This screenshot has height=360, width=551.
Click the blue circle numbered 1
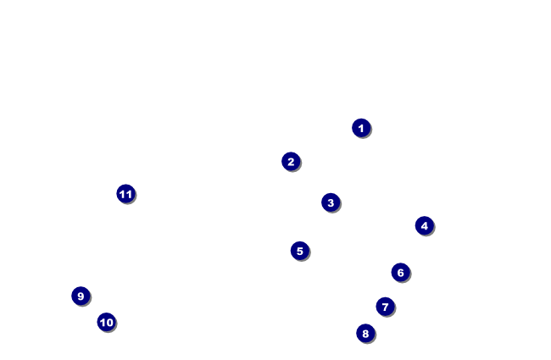click(x=361, y=128)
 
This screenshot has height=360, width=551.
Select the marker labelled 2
click(x=291, y=162)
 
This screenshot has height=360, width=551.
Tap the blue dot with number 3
click(x=331, y=202)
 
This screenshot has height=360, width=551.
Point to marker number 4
click(x=425, y=225)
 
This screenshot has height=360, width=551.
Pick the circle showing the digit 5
click(x=299, y=251)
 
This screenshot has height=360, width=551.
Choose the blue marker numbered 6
click(x=401, y=272)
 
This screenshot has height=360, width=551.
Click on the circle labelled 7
click(x=385, y=307)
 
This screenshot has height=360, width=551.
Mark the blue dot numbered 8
click(x=365, y=333)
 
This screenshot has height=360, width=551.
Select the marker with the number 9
click(x=81, y=296)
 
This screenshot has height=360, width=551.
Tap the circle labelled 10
click(x=106, y=322)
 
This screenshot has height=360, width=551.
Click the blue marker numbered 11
click(x=125, y=194)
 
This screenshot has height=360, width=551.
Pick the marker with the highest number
click(x=125, y=194)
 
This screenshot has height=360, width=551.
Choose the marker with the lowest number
click(x=361, y=128)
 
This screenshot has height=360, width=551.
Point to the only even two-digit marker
click(x=106, y=322)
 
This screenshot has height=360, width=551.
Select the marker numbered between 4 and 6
click(x=299, y=251)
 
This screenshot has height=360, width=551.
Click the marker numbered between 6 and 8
click(x=385, y=307)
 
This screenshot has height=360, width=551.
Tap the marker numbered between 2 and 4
click(x=331, y=202)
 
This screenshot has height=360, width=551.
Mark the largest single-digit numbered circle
click(x=81, y=296)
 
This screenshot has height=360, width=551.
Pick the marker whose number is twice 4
click(x=365, y=333)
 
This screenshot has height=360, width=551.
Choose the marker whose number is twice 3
click(x=401, y=272)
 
